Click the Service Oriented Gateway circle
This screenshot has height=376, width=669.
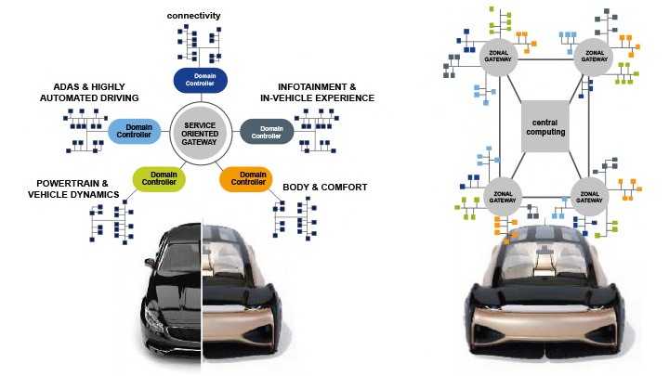(x=201, y=133)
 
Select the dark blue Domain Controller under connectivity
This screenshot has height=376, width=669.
(x=200, y=80)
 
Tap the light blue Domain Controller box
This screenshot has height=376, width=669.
(x=134, y=131)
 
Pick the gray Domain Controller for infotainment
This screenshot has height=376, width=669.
(x=267, y=131)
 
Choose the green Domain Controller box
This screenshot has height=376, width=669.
(x=159, y=178)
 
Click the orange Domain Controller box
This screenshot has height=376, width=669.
(x=246, y=178)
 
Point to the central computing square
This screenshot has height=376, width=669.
(x=545, y=126)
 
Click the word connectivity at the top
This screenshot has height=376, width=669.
(x=193, y=16)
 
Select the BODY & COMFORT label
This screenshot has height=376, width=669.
(x=324, y=188)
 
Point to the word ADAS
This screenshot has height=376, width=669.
(x=66, y=87)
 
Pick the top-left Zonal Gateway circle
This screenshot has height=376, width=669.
(x=498, y=58)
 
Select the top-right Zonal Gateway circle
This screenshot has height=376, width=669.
(x=594, y=58)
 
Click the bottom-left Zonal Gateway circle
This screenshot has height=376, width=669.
(x=503, y=197)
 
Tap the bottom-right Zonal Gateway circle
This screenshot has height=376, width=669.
(x=589, y=197)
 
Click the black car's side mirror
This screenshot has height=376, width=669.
(x=150, y=263)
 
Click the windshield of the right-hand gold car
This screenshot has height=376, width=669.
(x=545, y=256)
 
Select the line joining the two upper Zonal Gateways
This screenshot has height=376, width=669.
(x=545, y=59)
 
